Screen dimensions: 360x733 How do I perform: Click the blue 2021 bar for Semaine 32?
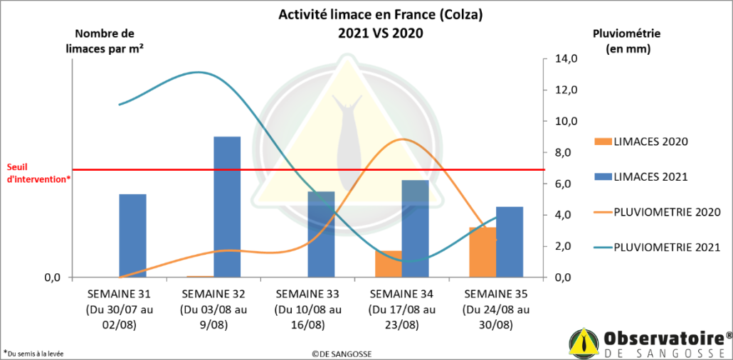coord(227,206)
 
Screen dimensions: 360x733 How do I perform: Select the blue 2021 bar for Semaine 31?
coord(132,235)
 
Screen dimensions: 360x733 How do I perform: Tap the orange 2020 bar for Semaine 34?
coord(389,264)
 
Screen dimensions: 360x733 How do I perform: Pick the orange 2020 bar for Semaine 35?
coord(482,252)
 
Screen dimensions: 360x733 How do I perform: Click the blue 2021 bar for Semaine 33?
coord(321,234)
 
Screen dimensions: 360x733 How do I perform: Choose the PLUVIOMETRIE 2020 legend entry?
coord(655,212)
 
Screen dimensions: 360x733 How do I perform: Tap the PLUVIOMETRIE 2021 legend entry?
coord(655,247)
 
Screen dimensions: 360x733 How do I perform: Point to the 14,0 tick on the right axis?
coord(565,58)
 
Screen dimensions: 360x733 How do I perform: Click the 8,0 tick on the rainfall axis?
coord(565,152)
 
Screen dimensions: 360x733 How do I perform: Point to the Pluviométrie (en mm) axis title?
coord(626,41)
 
